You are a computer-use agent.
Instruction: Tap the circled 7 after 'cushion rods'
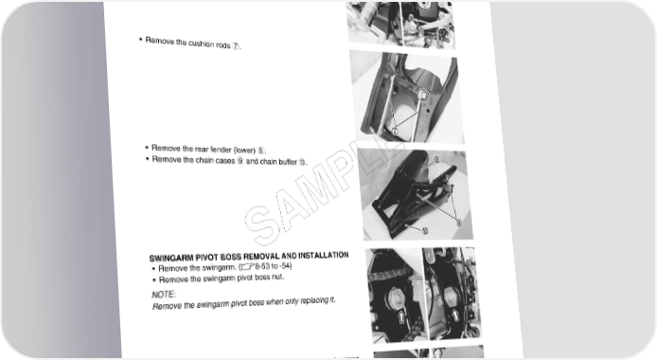click(236, 46)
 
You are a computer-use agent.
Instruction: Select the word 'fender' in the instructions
click(221, 149)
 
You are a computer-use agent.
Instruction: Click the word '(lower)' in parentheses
click(244, 150)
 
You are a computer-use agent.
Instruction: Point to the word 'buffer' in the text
click(287, 162)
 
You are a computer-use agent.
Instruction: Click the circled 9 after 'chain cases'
click(240, 161)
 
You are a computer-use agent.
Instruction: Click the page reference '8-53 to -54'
click(273, 266)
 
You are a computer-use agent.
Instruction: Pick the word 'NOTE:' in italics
click(164, 295)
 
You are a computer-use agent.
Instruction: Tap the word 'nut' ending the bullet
click(277, 277)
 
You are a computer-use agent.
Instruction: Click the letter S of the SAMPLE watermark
click(262, 225)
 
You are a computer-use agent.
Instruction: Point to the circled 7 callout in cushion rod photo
click(394, 132)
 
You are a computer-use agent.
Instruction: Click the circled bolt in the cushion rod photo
click(423, 96)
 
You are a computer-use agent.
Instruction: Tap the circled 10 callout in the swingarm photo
click(424, 231)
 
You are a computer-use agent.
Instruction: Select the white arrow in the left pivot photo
click(401, 316)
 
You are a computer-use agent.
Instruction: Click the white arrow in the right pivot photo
click(455, 315)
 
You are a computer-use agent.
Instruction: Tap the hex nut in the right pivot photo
click(450, 297)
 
